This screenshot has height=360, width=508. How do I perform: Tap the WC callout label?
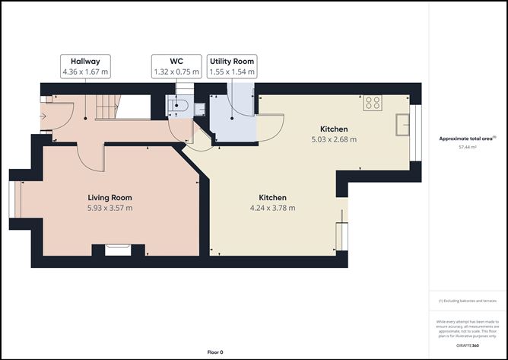[176, 66]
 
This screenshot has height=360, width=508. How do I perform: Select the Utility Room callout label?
[233, 66]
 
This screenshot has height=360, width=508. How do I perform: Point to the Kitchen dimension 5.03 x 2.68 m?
[334, 139]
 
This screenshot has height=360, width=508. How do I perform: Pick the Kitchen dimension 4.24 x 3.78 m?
[272, 207]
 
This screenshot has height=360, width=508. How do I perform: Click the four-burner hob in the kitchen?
[373, 103]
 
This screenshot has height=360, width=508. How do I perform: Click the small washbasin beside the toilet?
[199, 108]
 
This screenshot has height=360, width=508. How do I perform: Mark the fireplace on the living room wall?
[118, 248]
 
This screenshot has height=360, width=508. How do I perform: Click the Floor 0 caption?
[215, 352]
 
